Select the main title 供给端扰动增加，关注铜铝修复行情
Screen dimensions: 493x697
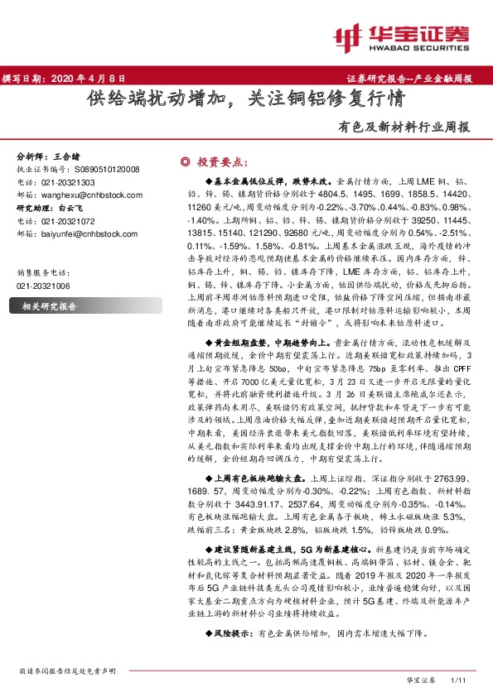[x=246, y=101]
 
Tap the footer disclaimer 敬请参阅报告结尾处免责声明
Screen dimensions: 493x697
[x=74, y=671]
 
